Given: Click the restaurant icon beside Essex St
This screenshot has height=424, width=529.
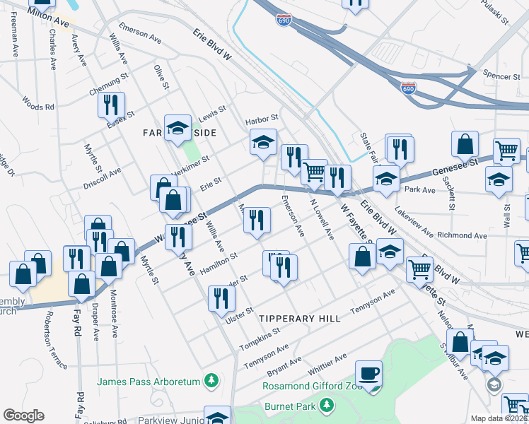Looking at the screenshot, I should (x=111, y=105).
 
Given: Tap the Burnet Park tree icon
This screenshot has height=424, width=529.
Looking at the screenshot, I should (x=326, y=404).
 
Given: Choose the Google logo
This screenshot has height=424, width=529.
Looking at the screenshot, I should (x=23, y=416).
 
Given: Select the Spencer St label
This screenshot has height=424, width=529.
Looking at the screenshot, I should (x=496, y=73).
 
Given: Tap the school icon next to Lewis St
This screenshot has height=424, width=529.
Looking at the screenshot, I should (x=178, y=128).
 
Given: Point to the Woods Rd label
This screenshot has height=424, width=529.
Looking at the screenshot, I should (x=38, y=103).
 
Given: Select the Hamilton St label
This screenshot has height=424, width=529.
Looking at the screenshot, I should (x=219, y=262).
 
